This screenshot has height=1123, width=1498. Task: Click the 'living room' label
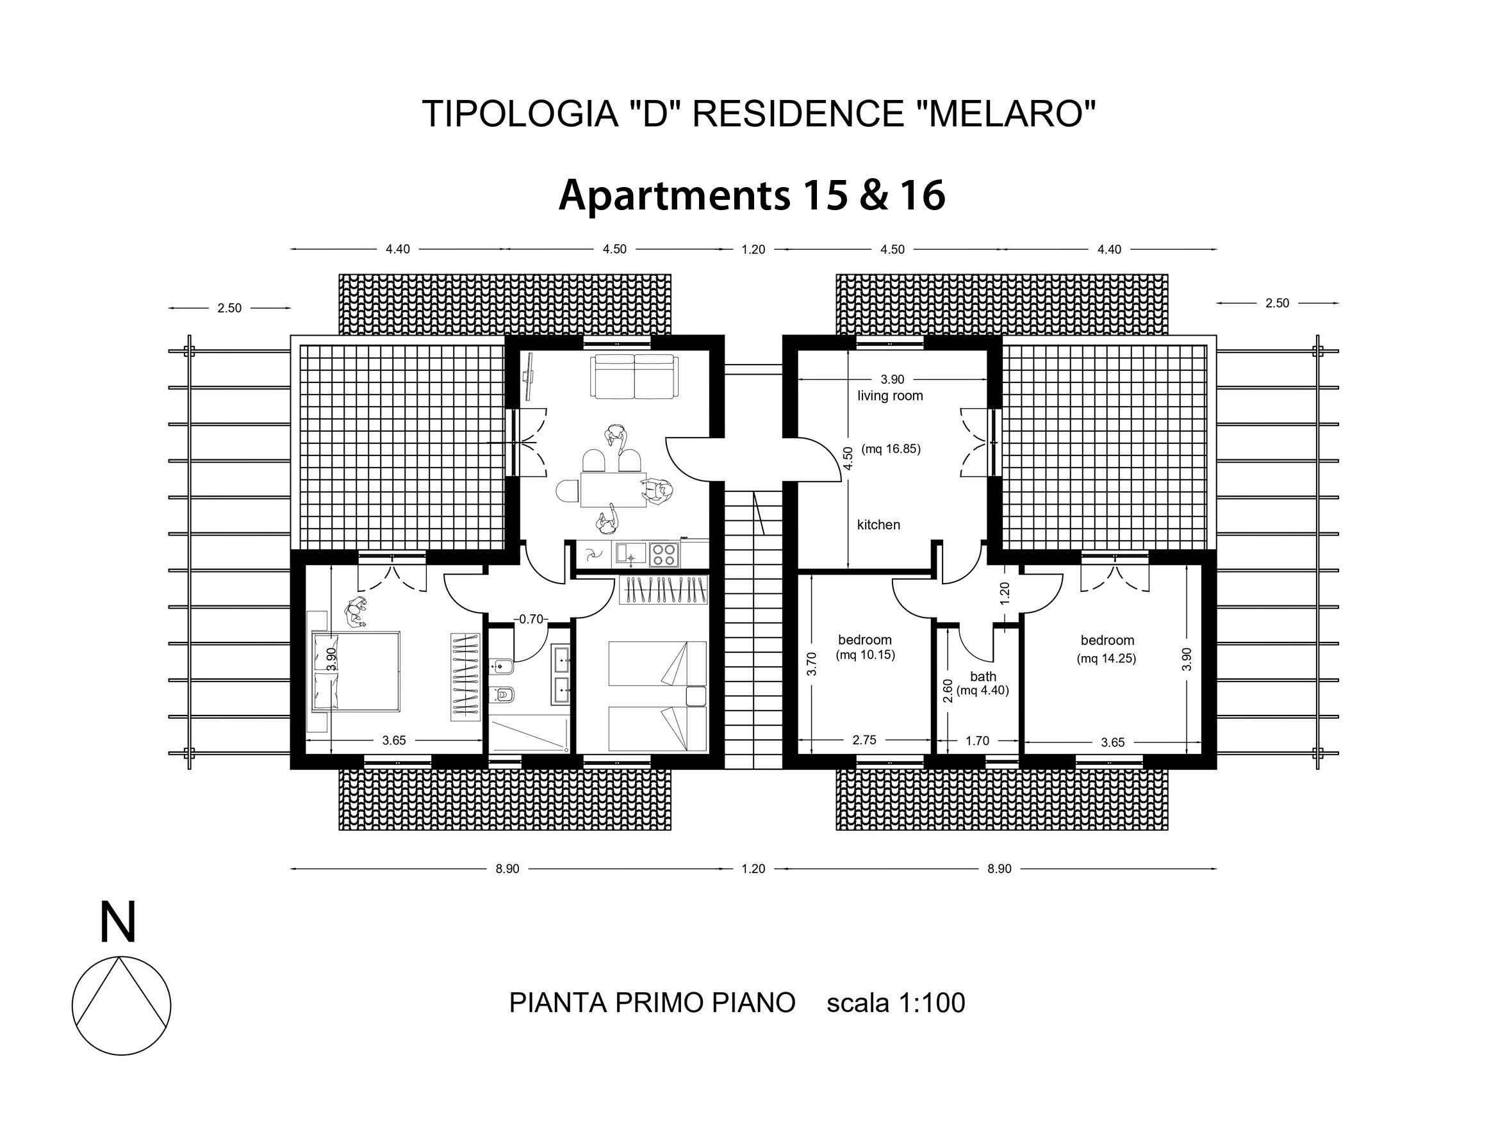click(x=890, y=396)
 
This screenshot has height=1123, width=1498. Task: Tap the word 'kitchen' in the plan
click(x=878, y=525)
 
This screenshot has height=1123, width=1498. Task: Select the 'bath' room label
click(x=983, y=676)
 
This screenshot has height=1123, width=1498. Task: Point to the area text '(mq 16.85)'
click(x=891, y=449)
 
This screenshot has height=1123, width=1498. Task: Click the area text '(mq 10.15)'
click(x=865, y=655)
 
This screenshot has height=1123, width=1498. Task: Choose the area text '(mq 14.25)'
click(x=1107, y=658)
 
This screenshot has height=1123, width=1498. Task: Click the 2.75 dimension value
click(x=864, y=741)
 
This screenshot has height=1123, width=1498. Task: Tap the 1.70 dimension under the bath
click(x=977, y=741)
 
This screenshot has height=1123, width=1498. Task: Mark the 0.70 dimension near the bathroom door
click(x=531, y=619)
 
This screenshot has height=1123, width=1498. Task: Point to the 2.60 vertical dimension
click(x=948, y=691)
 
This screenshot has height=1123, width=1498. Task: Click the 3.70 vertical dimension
click(x=812, y=664)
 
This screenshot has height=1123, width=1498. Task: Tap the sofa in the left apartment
click(x=633, y=377)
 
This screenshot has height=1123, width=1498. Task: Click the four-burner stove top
click(x=664, y=555)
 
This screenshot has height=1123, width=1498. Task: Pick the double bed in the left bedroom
click(x=356, y=671)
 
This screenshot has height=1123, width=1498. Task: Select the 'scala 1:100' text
click(x=895, y=1003)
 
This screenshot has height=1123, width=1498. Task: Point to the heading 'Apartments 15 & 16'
click(x=752, y=195)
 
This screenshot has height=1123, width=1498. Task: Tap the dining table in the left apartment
click(x=613, y=489)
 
